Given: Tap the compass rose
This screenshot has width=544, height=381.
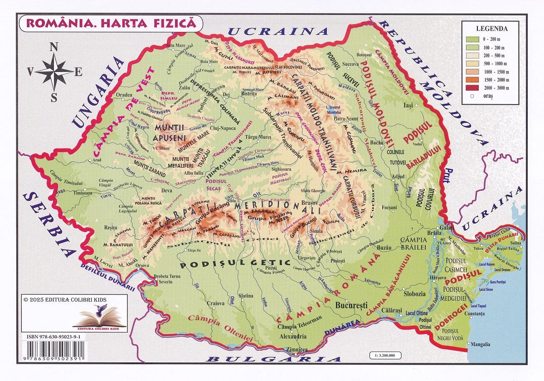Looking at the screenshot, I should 54,72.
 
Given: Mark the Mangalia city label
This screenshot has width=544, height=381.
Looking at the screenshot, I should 480,344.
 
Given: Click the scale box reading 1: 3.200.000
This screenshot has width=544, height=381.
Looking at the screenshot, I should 385,356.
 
